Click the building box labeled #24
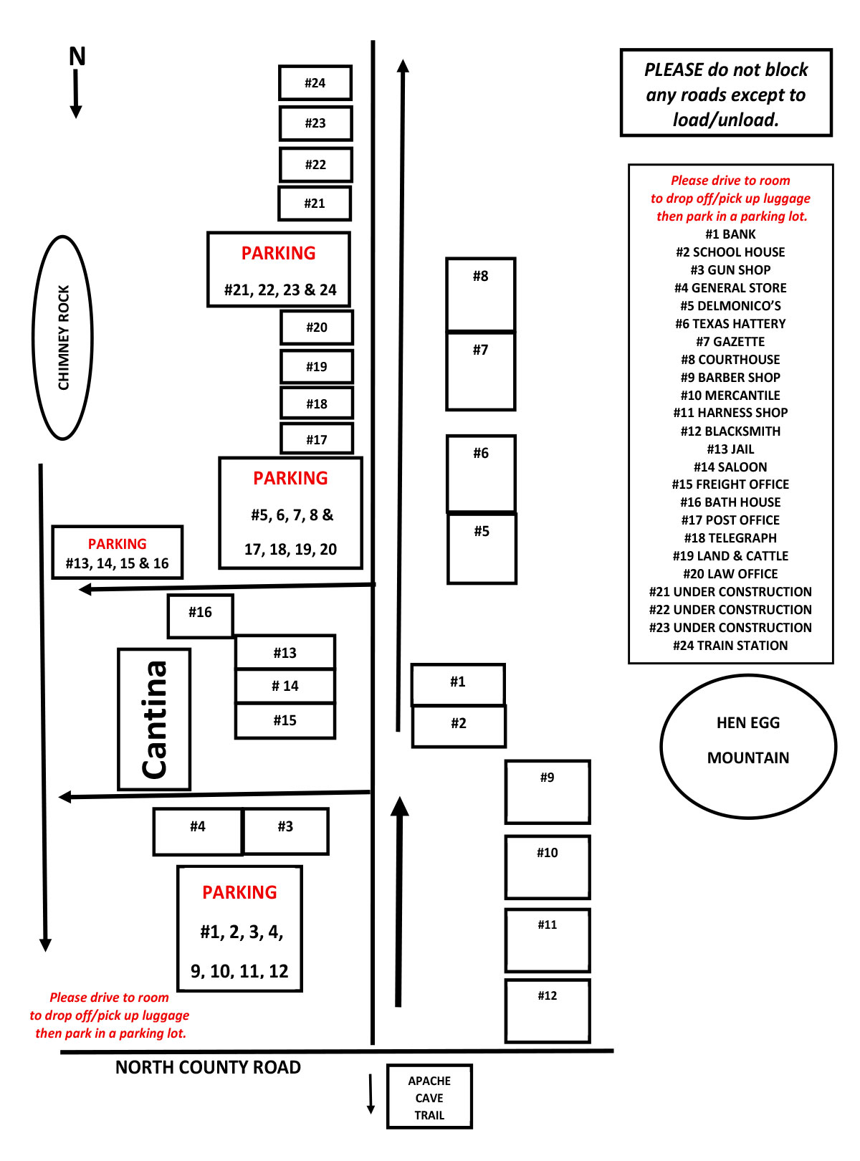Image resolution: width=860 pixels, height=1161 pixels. [315, 83]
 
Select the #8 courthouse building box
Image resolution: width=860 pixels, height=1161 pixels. [480, 294]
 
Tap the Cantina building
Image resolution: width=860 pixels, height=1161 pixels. [154, 719]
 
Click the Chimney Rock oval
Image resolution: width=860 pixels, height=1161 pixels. [63, 338]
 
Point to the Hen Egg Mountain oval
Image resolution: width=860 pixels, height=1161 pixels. [747, 746]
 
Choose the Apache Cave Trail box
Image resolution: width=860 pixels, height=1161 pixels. [429, 1096]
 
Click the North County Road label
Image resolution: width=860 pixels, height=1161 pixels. [208, 1067]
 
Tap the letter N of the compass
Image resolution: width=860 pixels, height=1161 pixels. [77, 57]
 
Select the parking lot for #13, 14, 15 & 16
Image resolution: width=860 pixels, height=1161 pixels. [118, 553]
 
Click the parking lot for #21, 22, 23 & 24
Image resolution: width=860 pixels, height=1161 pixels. [279, 269]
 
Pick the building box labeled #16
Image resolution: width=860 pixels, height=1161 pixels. [201, 616]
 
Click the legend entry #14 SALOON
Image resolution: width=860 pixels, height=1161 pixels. [730, 467]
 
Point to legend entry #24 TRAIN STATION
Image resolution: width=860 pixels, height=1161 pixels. [730, 645]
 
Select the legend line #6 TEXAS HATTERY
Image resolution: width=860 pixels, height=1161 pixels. [730, 323]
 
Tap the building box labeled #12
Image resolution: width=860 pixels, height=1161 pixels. [548, 1010]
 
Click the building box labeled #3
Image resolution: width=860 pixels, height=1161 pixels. [286, 831]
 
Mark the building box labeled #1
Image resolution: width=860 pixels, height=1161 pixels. [458, 684]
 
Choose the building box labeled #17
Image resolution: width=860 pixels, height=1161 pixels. [317, 439]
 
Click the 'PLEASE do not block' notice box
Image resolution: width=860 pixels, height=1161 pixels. [726, 93]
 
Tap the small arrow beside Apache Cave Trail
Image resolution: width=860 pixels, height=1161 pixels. [371, 1094]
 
